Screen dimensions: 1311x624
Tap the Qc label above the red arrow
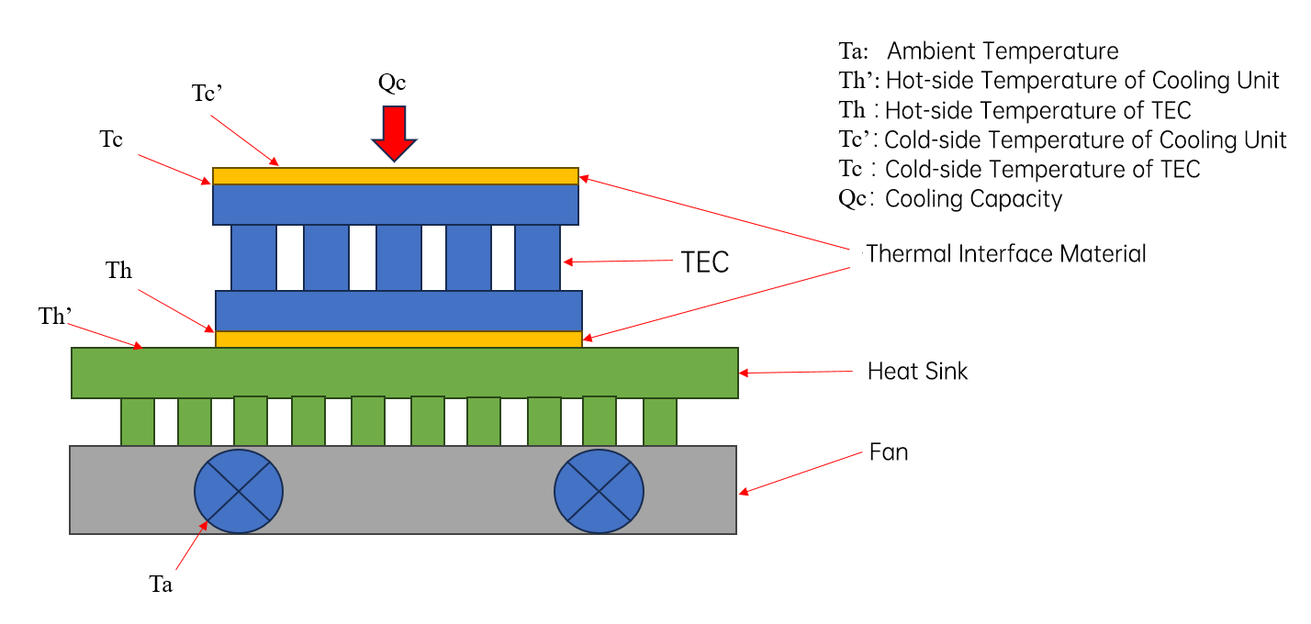391,83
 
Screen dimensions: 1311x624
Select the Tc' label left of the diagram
207,93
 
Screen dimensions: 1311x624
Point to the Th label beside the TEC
118,270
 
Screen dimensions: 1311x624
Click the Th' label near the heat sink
55,316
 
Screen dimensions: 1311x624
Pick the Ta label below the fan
161,584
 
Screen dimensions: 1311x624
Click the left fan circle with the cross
239,491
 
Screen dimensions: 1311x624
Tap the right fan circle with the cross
599,491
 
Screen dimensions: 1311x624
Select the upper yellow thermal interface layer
396,176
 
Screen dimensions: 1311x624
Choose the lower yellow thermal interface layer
398,340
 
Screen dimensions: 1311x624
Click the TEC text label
705,262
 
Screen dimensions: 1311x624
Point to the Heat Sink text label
917,372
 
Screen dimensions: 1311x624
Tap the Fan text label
889,452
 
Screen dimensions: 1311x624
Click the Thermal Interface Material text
1005,254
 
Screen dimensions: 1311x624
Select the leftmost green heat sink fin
138,421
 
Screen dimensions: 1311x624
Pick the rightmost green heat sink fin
659,421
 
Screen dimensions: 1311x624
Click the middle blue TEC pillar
398,258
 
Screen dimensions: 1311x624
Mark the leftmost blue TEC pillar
253,258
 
